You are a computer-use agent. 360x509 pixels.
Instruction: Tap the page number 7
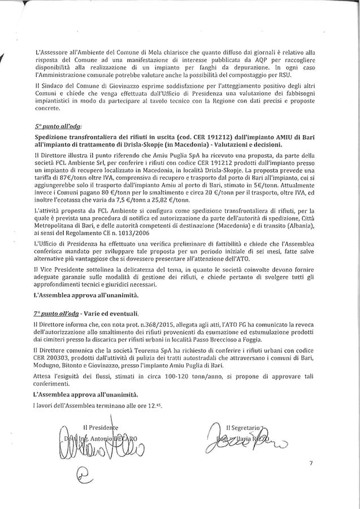coord(310,463)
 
